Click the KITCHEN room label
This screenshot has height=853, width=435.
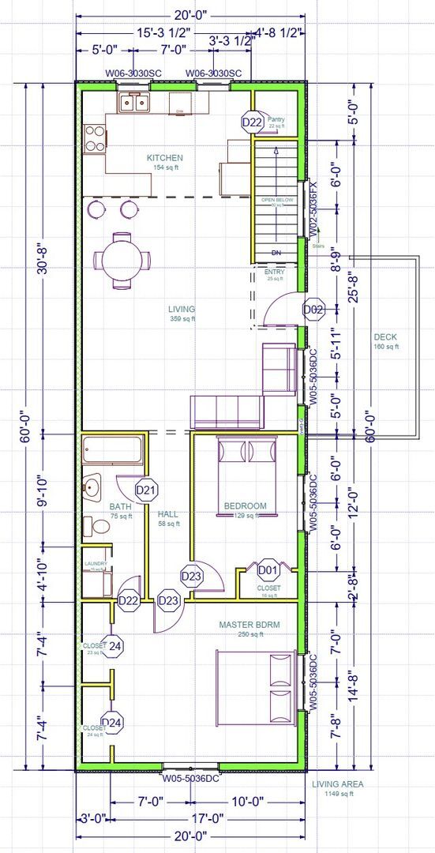(x=164, y=158)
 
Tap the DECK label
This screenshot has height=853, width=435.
(x=387, y=336)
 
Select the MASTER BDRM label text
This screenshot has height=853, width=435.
(x=249, y=625)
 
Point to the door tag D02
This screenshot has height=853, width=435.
(x=314, y=310)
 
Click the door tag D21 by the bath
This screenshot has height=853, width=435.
(x=145, y=490)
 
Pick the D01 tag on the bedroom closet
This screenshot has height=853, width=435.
(x=268, y=569)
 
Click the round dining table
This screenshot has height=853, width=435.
(x=122, y=258)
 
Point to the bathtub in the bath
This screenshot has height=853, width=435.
(x=114, y=450)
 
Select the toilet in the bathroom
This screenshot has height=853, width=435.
(x=98, y=527)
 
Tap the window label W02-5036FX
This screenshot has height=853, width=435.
(x=313, y=207)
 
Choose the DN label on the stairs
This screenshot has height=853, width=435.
(x=276, y=253)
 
